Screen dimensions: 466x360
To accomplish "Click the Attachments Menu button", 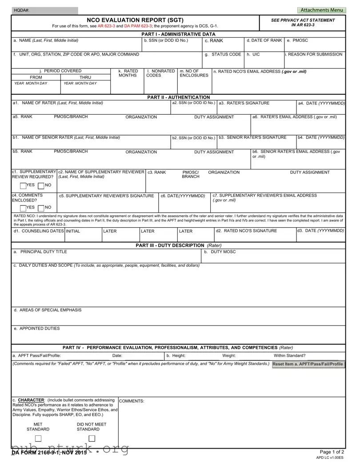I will coord(322,10).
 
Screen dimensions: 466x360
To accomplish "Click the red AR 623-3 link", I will coord(106,26).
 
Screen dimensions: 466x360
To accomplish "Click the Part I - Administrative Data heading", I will coord(178,34).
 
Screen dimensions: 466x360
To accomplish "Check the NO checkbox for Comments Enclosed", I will coord(41,208).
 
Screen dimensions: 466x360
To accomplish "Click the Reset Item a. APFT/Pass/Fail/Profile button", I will coord(308,364).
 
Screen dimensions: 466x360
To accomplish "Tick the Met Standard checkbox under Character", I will coord(38,438).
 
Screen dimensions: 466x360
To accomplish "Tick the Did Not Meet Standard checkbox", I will coord(92,438).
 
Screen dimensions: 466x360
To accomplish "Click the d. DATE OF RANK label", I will coord(264,40).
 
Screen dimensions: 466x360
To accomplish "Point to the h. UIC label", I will coord(253,54).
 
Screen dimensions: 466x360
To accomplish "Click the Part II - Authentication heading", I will coord(178,97).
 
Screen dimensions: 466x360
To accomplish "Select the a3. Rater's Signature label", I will coord(244,103).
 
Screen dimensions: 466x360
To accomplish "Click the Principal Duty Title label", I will coord(40,252).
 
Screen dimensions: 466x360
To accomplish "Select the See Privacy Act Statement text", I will coord(303,20).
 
